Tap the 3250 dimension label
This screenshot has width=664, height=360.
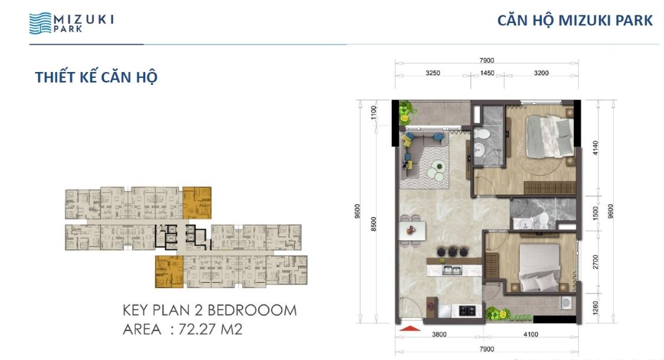coord(433,73)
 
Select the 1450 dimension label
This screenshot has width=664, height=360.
coord(487,73)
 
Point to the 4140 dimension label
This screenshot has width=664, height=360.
coord(596,148)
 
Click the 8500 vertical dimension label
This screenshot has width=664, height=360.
coord(374,224)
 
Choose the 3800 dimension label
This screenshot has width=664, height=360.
coord(439,334)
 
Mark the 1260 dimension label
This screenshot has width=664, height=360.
coord(596,308)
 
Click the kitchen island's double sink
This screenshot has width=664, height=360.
coord(452,270)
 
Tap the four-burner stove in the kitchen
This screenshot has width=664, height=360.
coord(467,311)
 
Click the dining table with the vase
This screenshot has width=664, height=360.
coord(412,231)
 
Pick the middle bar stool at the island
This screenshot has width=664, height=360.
coord(452,251)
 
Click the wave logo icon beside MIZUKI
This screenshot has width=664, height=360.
coord(40,23)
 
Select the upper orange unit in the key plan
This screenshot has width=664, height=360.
coord(197,203)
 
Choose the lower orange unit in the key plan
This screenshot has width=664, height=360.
coord(169,271)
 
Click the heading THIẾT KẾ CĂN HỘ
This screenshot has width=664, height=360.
coord(96,77)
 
